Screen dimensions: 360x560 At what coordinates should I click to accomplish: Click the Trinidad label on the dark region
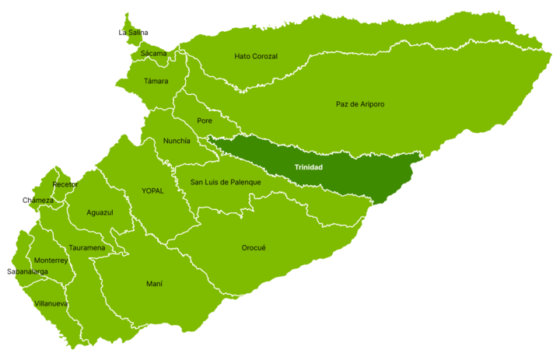click(x=308, y=168)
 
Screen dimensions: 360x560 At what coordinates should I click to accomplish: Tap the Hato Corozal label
click(x=256, y=57)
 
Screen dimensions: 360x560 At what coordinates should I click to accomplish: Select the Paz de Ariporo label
click(x=360, y=104)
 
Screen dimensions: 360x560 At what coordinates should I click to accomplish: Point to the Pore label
click(x=205, y=121)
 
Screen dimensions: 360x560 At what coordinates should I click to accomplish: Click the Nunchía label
click(x=177, y=141)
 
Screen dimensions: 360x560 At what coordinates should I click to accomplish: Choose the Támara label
click(x=156, y=81)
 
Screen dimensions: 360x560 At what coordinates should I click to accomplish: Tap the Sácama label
click(x=153, y=54)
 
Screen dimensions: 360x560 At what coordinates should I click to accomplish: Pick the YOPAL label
click(x=152, y=190)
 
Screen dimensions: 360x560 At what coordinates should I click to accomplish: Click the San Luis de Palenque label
click(x=226, y=182)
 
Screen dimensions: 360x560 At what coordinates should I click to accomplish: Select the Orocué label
click(x=254, y=248)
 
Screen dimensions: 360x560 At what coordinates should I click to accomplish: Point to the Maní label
click(x=154, y=284)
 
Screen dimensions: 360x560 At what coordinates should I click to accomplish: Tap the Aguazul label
click(x=100, y=212)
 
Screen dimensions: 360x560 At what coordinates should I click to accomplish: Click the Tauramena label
click(x=86, y=248)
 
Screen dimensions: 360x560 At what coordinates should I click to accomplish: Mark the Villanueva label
click(x=51, y=303)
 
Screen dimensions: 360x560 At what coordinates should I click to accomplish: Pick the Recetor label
click(x=65, y=185)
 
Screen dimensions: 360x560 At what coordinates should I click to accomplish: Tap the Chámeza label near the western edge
click(x=41, y=201)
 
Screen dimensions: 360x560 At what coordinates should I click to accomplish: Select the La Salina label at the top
click(x=134, y=33)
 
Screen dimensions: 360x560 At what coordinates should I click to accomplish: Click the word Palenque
click(x=243, y=182)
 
